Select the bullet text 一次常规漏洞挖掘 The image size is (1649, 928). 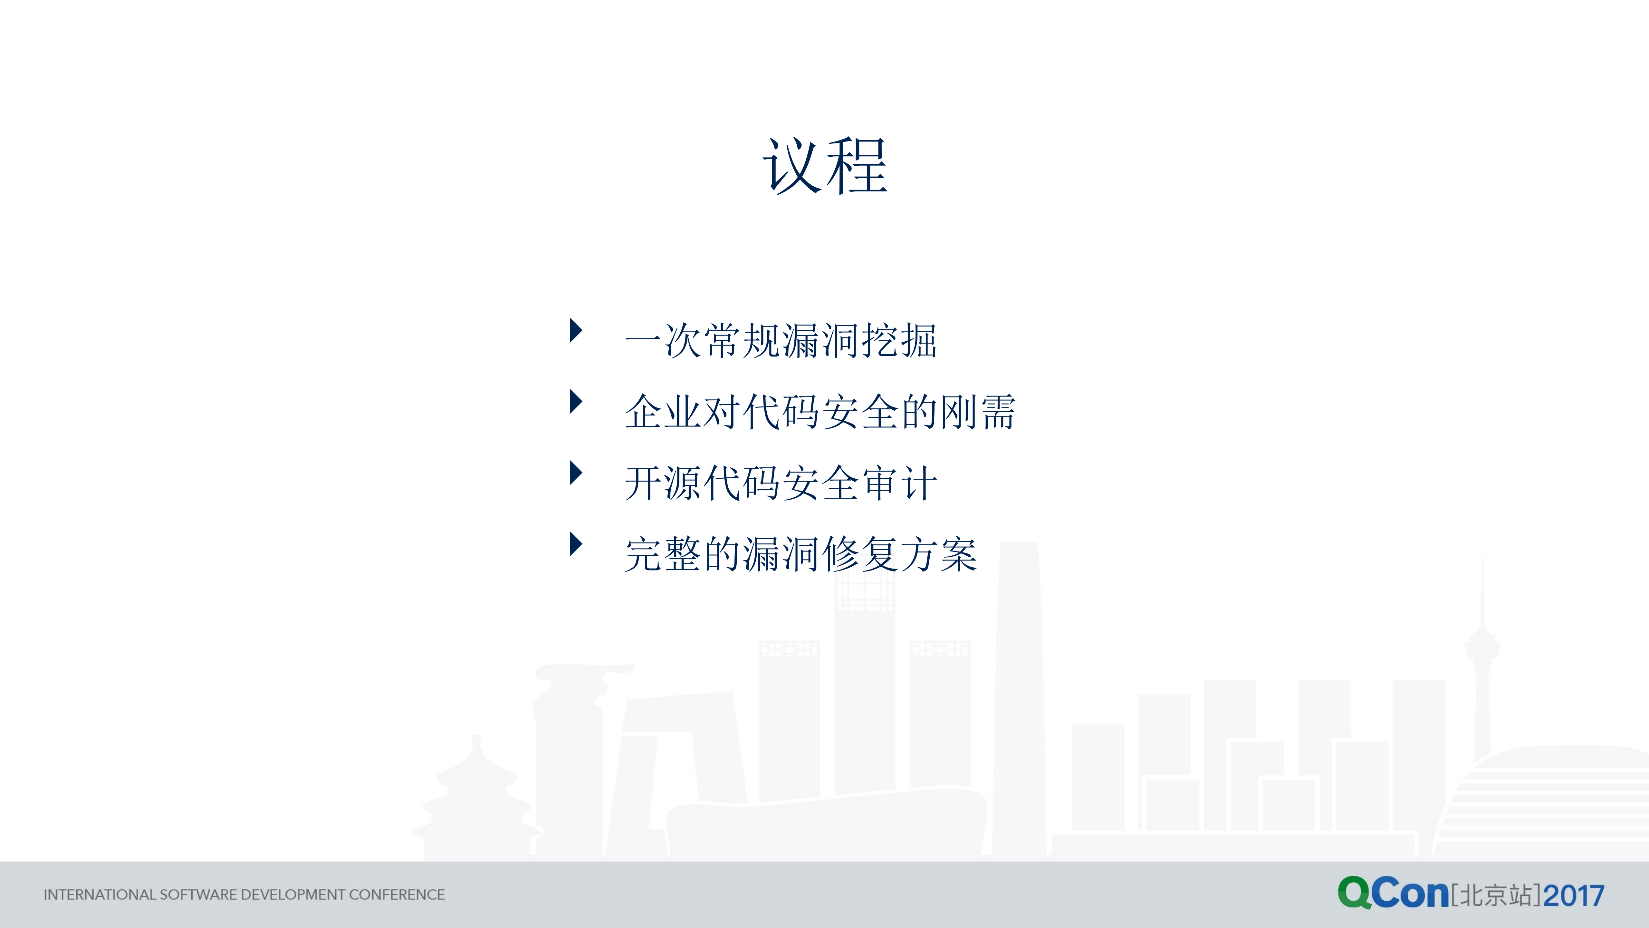780,340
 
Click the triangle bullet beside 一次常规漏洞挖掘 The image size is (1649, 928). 575,330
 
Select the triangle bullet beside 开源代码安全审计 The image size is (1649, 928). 575,473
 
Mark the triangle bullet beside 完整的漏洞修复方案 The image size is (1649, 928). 575,544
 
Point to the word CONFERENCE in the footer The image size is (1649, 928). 397,895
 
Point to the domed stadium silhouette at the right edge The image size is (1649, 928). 1549,801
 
